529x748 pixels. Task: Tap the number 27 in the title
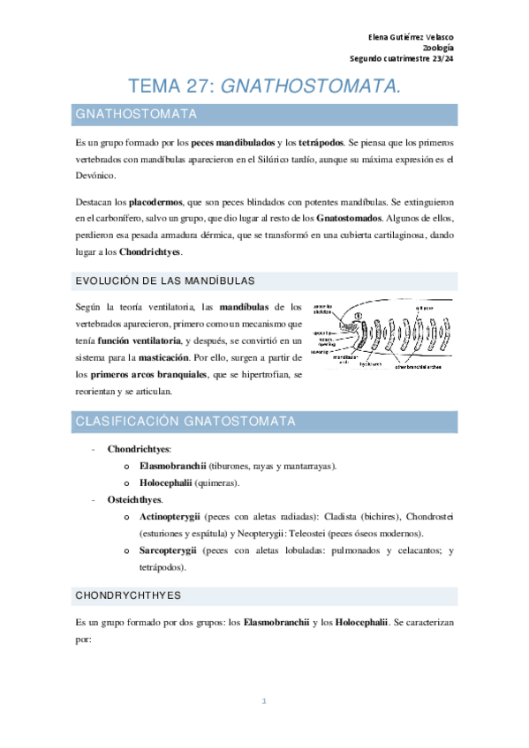click(194, 86)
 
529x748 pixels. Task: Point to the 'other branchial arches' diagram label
click(423, 364)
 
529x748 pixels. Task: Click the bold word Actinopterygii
click(172, 516)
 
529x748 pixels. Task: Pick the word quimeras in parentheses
click(215, 482)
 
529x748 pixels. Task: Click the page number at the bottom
click(264, 701)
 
